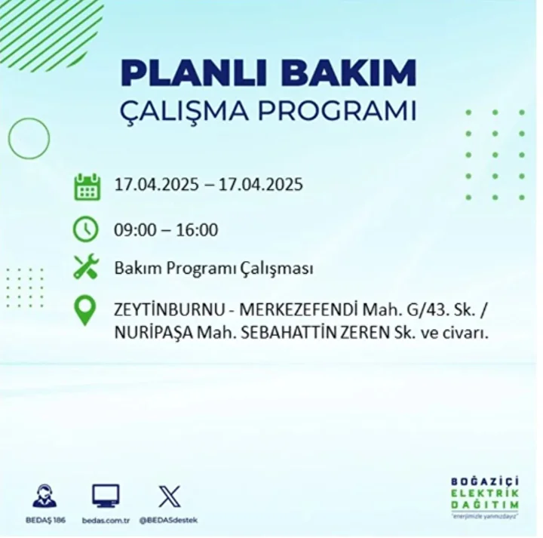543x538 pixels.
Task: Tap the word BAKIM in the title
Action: coord(348,73)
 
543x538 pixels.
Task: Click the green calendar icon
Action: coord(87,187)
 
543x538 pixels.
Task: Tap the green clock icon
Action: coord(86,229)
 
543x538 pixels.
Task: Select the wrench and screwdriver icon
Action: coord(86,266)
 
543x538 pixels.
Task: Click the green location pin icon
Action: coord(85,310)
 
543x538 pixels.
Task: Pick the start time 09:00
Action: coord(136,229)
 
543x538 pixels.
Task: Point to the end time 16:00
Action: coord(197,229)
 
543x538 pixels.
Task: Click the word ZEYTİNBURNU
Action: coord(170,310)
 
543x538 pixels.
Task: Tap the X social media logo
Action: coord(170,496)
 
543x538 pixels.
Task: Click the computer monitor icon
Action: coord(106,496)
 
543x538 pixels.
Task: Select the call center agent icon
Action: coord(44,496)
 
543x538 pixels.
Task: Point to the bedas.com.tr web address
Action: coord(106,521)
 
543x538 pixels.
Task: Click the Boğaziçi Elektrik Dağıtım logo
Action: coord(485,497)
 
